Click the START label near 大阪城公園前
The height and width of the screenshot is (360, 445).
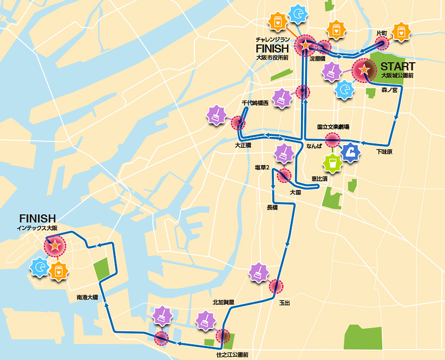tap(398, 66)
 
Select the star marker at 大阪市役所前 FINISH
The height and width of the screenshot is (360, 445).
tap(305, 45)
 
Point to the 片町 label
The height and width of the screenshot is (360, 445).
tap(382, 34)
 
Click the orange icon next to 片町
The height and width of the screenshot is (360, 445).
tap(401, 32)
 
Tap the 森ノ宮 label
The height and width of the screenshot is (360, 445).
tap(389, 90)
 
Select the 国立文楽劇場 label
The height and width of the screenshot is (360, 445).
tap(333, 127)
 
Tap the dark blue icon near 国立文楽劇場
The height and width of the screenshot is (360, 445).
tap(351, 152)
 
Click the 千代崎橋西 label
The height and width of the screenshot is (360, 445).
tap(255, 102)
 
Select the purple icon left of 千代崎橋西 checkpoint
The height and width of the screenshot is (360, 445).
tap(217, 115)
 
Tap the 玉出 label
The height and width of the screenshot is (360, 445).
tap(284, 303)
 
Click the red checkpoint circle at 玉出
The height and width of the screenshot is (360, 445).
tap(276, 286)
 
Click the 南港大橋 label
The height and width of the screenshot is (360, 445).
tap(87, 297)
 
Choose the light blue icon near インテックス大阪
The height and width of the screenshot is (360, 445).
tap(39, 267)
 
